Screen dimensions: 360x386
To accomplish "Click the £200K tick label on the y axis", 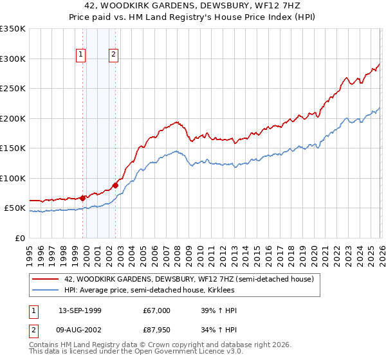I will pyautogui.click(x=13, y=118).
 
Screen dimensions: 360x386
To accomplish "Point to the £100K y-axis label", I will pyautogui.click(x=13, y=178).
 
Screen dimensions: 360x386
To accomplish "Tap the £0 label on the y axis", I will pyautogui.click(x=19, y=238).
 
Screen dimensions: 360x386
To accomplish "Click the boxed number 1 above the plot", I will pyautogui.click(x=81, y=55).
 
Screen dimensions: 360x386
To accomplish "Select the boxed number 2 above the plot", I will pyautogui.click(x=113, y=55).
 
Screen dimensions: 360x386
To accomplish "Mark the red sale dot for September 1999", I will pyautogui.click(x=83, y=198).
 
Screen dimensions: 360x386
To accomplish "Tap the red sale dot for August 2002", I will pyautogui.click(x=116, y=185).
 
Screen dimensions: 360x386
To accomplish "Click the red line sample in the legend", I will pyautogui.click(x=46, y=280).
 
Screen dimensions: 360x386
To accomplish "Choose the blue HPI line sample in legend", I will pyautogui.click(x=46, y=291).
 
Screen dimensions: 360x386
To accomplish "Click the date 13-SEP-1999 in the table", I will pyautogui.click(x=80, y=310).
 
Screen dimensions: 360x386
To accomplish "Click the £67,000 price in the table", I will pyautogui.click(x=157, y=310).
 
